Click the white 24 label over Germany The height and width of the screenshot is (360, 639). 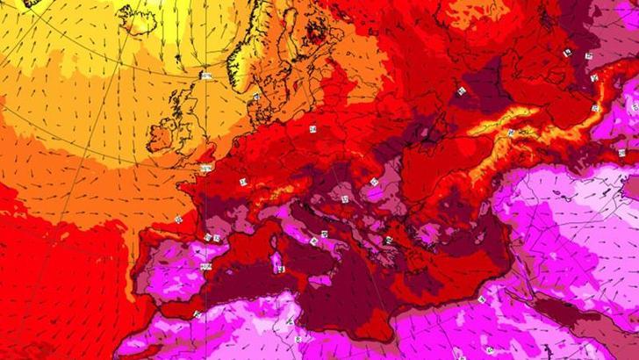coord(312,129)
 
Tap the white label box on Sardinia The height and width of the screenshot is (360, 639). coord(280,269)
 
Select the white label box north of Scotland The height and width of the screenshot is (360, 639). coord(207,76)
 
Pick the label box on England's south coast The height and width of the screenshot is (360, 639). coord(207,168)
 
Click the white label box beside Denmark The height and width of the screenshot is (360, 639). coord(256,97)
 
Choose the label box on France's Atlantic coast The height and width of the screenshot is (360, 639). coord(179,217)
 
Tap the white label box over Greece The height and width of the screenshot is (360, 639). coord(387,239)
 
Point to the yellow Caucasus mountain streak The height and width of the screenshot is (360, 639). coord(505,123)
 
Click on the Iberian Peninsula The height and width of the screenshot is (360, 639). coord(176,263)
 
